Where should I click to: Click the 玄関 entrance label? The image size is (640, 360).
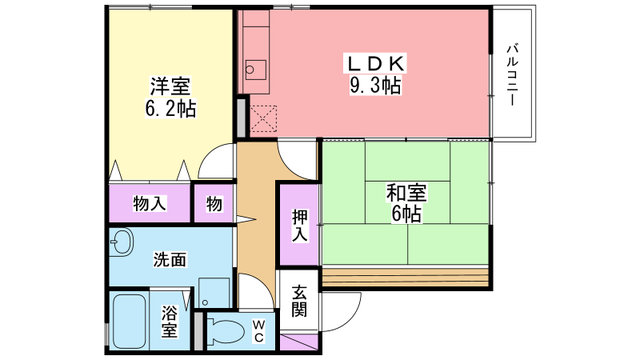[299, 300]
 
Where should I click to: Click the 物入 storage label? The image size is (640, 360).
[149, 204]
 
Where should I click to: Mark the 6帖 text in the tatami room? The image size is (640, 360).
[404, 214]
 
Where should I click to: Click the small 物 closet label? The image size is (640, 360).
[214, 204]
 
